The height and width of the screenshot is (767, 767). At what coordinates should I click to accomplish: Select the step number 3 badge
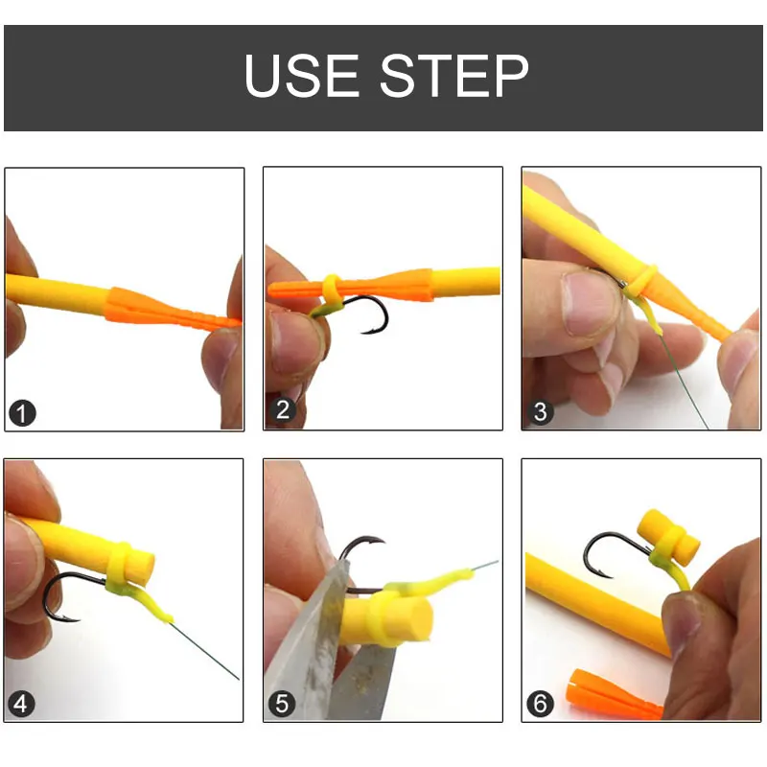(x=541, y=413)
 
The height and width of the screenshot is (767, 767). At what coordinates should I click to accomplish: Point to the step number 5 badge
(x=282, y=705)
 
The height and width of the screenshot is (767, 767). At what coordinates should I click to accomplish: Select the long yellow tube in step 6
(x=594, y=604)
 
